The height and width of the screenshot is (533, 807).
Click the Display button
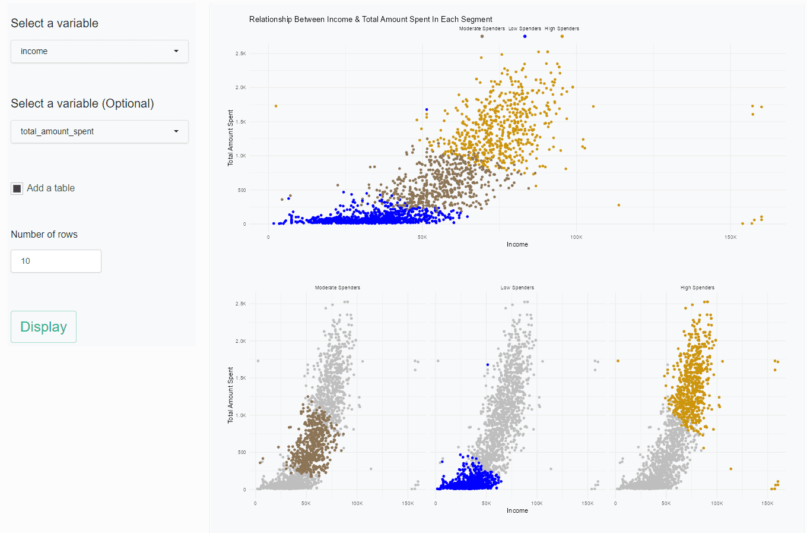click(43, 327)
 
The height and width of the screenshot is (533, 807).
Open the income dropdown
click(100, 52)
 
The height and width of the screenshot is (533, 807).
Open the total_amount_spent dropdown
click(100, 132)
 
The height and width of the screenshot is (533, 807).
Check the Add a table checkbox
click(17, 189)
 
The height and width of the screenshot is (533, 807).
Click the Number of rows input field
click(56, 261)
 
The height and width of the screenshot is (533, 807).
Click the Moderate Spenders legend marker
click(482, 36)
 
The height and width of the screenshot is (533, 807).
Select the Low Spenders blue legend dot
click(525, 36)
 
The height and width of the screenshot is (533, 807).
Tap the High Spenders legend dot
click(562, 36)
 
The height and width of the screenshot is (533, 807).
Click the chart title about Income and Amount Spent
click(370, 20)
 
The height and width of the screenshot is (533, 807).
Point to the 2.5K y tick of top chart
click(240, 53)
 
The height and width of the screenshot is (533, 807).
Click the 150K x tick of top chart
click(730, 237)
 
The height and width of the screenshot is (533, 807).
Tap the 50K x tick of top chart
click(422, 237)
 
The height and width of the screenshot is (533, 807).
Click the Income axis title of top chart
click(517, 244)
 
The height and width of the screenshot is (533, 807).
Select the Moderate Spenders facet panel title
click(337, 288)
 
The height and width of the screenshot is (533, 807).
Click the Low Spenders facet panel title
click(517, 288)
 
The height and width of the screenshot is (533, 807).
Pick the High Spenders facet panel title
click(697, 288)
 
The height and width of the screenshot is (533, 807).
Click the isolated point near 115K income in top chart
click(619, 205)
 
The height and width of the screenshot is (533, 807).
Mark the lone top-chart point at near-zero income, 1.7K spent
click(276, 106)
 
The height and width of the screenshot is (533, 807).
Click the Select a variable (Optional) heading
click(82, 103)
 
